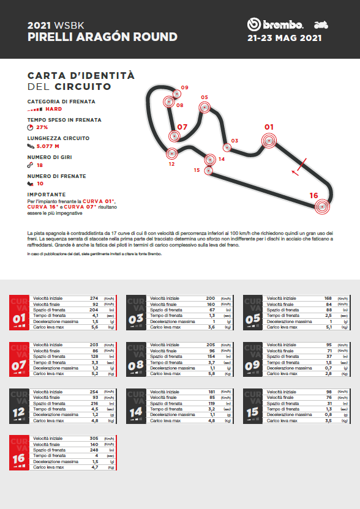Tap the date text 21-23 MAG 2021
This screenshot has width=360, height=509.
284,38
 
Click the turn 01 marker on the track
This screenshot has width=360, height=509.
268,141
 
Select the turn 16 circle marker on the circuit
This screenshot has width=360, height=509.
322,207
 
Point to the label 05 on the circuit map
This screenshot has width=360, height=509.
204,97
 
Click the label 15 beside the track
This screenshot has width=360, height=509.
197,170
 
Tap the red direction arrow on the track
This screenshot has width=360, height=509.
296,172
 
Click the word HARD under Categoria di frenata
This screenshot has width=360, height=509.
54,109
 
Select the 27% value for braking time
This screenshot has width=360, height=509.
42,127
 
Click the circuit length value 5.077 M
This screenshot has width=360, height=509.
48,146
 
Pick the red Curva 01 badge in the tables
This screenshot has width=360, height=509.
18,312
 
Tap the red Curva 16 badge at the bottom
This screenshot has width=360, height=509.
18,452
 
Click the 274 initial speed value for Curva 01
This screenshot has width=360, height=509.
94,297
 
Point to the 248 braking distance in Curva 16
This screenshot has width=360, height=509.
94,450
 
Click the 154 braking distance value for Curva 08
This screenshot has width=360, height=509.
211,356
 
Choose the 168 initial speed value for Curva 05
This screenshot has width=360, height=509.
328,297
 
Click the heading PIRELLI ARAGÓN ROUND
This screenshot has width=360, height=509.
103,37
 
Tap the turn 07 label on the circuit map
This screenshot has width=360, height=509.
181,127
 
